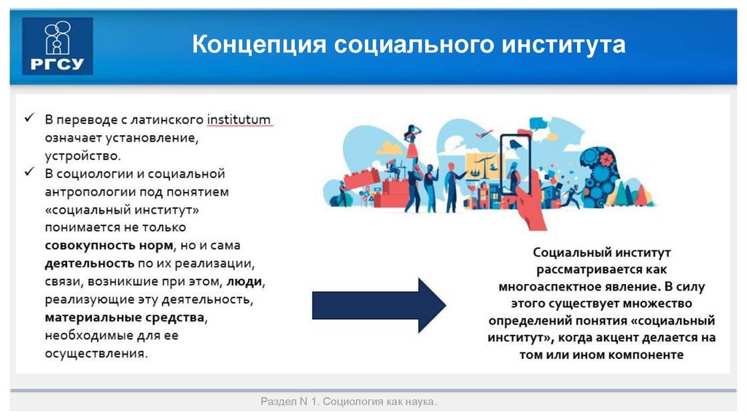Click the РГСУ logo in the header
[x=58, y=46]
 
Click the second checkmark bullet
[x=30, y=174]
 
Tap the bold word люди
[x=244, y=281]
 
